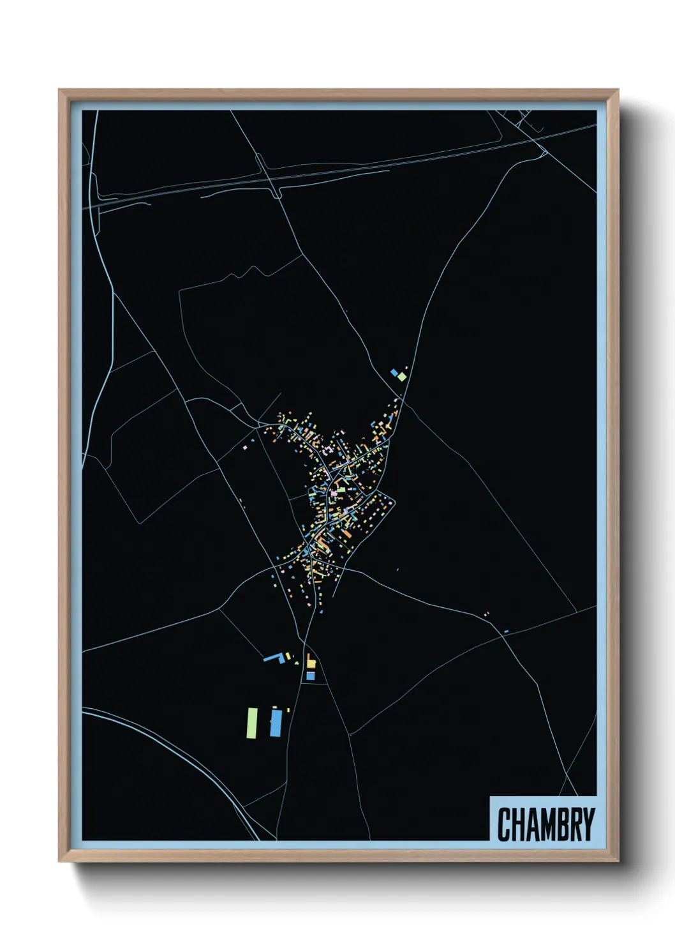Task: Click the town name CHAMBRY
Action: point(545,824)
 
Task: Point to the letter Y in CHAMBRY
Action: point(588,824)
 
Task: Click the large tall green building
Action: point(253,722)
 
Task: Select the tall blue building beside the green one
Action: point(276,723)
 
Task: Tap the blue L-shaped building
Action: point(274,657)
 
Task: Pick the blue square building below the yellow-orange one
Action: point(311,675)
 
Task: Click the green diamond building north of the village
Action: point(402,376)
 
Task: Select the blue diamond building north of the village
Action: point(394,372)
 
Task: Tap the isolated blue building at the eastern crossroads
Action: point(506,631)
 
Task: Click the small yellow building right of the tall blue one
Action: point(288,709)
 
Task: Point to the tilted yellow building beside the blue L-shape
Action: point(288,655)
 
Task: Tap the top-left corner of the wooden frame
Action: point(60,91)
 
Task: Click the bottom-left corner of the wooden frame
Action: point(60,860)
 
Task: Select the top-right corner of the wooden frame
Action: point(618,91)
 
